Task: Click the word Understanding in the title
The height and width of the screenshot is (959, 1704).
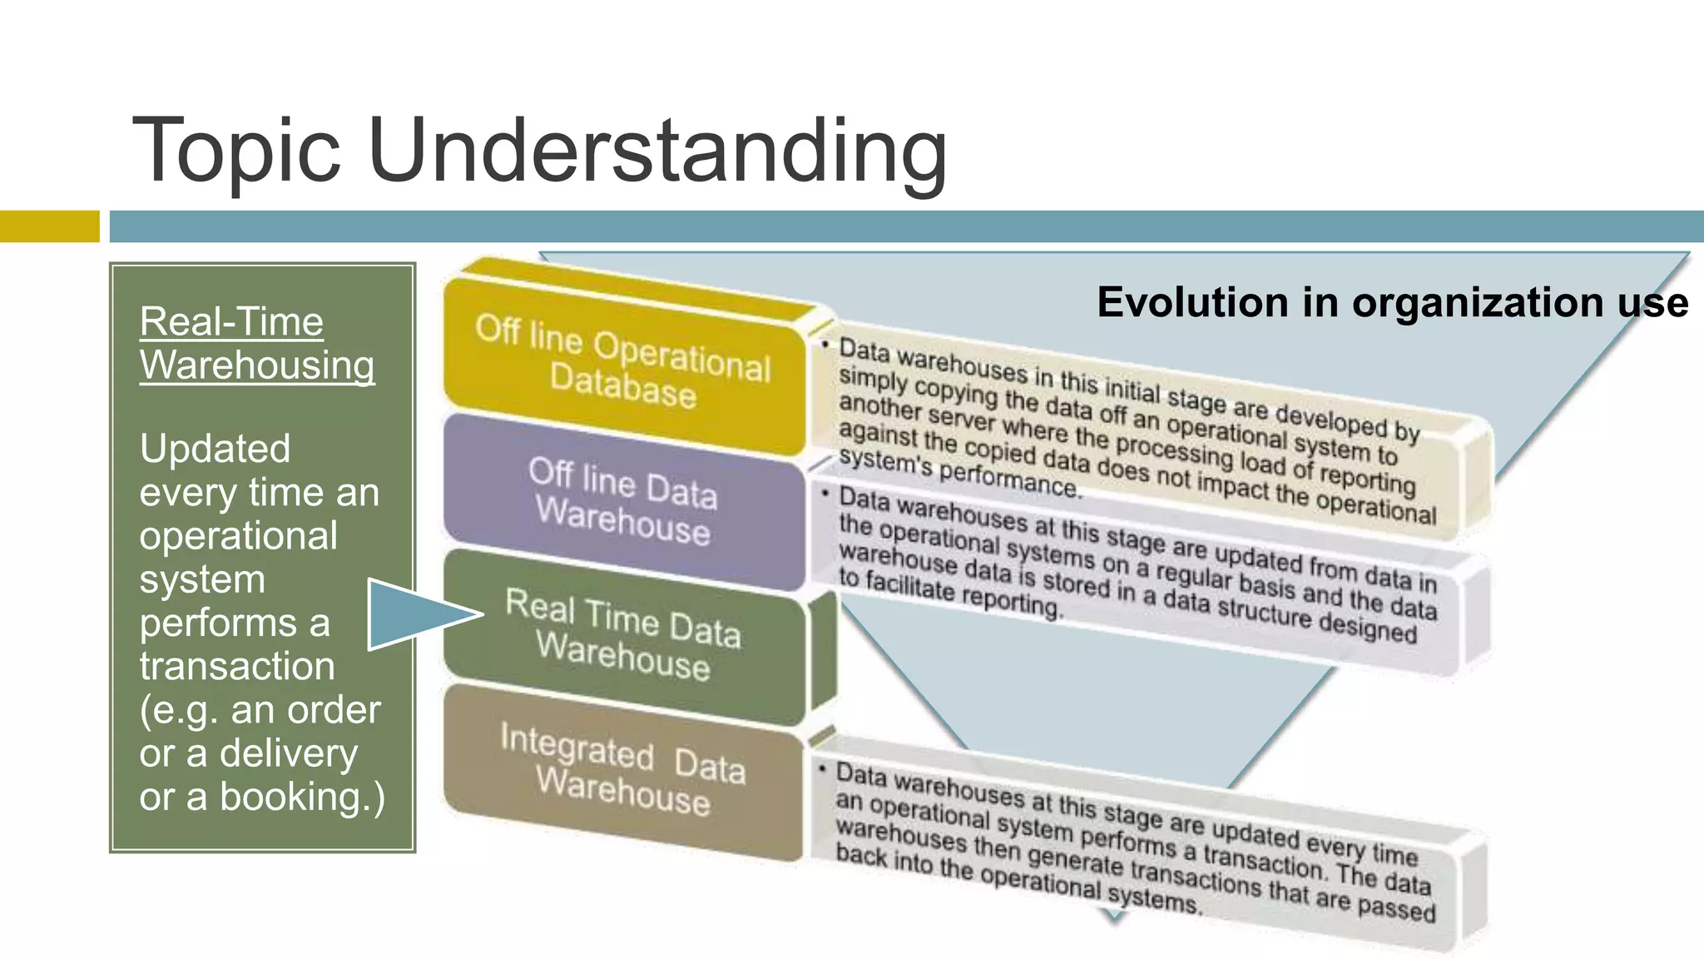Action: point(657,152)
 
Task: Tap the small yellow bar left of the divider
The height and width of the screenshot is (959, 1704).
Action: point(49,226)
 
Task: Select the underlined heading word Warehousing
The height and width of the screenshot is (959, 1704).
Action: point(257,365)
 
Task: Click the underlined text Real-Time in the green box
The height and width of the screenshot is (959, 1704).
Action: point(231,321)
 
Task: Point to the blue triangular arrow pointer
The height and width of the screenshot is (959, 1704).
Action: point(416,614)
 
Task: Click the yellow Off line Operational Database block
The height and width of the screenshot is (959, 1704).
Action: point(624,362)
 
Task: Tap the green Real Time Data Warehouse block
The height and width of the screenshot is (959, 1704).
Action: point(624,634)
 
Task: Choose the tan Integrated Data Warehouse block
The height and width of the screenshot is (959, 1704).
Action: point(624,770)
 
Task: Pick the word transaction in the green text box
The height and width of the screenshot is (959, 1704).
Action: point(237,667)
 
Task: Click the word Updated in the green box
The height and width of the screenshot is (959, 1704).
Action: point(215,450)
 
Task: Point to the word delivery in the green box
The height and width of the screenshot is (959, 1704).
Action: point(289,753)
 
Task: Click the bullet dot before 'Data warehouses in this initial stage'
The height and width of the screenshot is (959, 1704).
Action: point(825,344)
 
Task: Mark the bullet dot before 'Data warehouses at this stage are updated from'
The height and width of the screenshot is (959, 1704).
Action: point(825,494)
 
